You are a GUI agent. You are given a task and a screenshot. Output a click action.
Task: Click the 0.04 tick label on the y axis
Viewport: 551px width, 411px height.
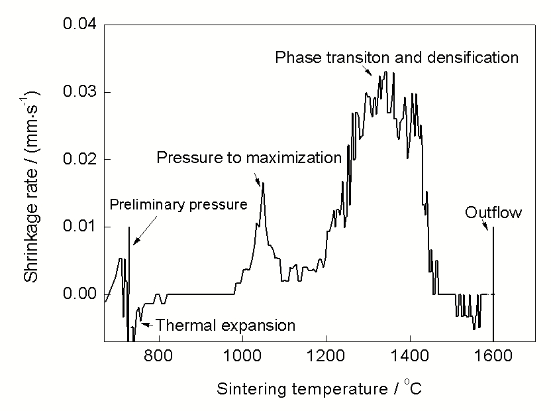[x=79, y=25]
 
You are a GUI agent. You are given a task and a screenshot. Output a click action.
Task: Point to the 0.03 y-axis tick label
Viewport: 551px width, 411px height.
[x=79, y=92]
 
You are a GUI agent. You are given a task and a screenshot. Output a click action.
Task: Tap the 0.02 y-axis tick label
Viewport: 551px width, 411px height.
[x=79, y=160]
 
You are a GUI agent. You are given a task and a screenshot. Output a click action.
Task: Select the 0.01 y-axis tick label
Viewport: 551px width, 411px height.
[x=79, y=227]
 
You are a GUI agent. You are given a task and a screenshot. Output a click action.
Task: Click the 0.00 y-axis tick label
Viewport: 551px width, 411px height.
[x=79, y=294]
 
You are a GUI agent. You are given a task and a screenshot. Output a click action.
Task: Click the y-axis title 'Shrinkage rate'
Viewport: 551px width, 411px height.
[x=32, y=185]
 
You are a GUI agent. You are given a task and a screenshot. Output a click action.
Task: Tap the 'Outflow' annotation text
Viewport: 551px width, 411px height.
[x=493, y=213]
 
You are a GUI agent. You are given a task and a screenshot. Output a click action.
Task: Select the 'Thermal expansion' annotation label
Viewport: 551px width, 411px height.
[x=226, y=325]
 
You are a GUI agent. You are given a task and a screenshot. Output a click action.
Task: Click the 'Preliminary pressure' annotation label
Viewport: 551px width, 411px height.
[x=178, y=204]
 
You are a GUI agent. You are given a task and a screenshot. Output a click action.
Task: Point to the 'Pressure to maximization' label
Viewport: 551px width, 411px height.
[x=249, y=158]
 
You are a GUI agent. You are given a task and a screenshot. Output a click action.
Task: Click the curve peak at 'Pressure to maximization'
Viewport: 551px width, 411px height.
[x=263, y=184]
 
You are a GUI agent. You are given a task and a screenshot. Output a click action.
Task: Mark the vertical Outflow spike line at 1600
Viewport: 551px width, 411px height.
[x=493, y=278]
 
